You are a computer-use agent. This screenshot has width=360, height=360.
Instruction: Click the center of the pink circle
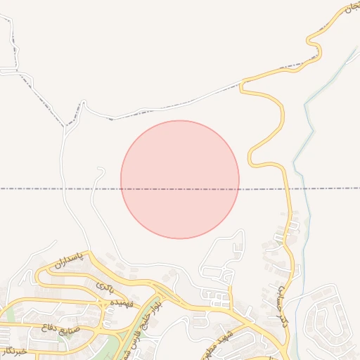click(180, 179)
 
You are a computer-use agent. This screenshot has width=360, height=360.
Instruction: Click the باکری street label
click(105, 287)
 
